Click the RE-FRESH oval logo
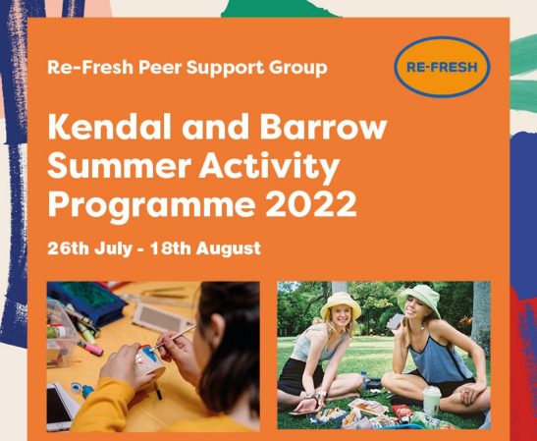442,67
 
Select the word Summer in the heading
119,167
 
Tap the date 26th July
89,248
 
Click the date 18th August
205,248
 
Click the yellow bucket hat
341,305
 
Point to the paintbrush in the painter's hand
174,338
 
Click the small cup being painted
150,359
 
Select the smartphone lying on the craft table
59,407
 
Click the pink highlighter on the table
90,348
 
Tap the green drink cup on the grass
432,400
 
